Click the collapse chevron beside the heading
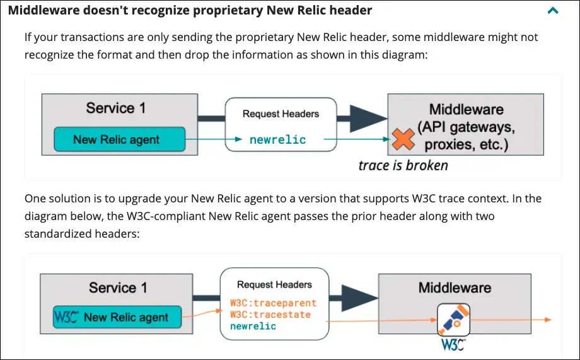(x=553, y=11)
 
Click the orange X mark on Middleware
(x=401, y=139)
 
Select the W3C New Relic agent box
(x=117, y=317)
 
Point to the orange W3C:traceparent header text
(x=273, y=303)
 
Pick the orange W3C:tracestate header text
(x=270, y=315)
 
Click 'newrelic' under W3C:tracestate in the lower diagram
(x=253, y=326)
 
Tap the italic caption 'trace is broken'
(x=403, y=166)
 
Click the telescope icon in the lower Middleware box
(x=453, y=318)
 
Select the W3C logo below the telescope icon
(x=453, y=345)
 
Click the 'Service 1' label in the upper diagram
(x=116, y=108)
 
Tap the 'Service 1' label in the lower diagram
(x=118, y=288)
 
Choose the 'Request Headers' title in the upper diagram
(x=281, y=114)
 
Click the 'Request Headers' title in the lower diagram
(x=274, y=285)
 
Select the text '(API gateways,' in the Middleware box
(x=466, y=128)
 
